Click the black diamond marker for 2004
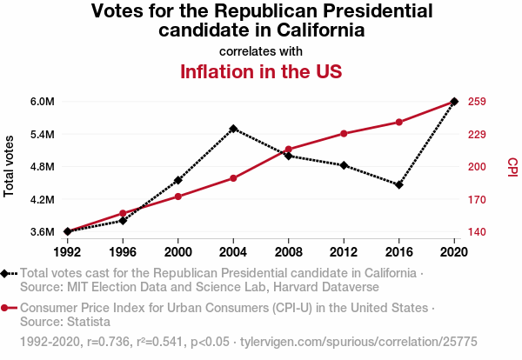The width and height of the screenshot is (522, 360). coord(233,129)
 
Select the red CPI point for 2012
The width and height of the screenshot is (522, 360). coord(345,133)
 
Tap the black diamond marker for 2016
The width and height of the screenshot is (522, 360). coord(399,185)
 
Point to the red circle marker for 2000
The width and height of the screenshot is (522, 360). coord(178,197)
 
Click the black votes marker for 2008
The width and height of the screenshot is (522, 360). coord(289,156)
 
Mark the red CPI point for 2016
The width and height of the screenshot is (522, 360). coord(399,122)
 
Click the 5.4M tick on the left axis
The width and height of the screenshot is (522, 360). coord(42,134)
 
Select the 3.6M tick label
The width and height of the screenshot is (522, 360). coord(42,232)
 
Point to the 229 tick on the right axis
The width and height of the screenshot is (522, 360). coord(476,134)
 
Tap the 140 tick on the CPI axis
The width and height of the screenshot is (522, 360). coord(476,232)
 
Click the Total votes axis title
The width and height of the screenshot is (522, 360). coord(10,166)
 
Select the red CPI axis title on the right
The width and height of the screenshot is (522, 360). coord(512,166)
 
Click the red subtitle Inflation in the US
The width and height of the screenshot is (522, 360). coord(261,71)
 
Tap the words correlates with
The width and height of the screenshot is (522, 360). coord(261,50)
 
